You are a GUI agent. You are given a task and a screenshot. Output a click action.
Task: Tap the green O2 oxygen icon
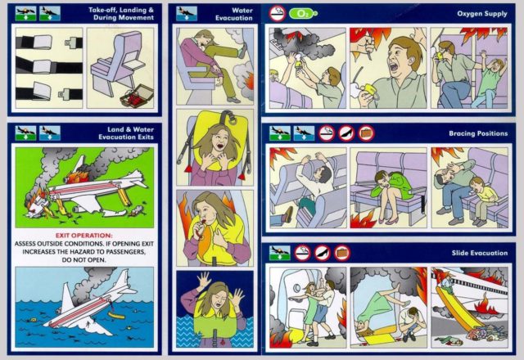click(303, 13)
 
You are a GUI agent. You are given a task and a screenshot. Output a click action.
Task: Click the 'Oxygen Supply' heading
click(482, 14)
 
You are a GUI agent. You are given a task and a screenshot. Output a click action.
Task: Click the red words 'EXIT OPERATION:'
click(82, 235)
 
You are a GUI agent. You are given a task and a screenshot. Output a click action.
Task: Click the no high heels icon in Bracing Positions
click(346, 132)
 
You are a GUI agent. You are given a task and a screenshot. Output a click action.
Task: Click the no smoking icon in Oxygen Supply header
click(278, 13)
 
